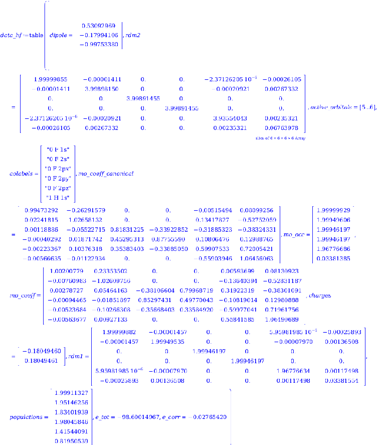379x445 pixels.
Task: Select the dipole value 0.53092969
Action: (x=99, y=25)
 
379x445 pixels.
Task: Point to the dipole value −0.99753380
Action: (x=99, y=44)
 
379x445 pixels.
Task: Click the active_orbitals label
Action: (x=333, y=107)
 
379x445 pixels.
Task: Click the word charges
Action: (x=320, y=295)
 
